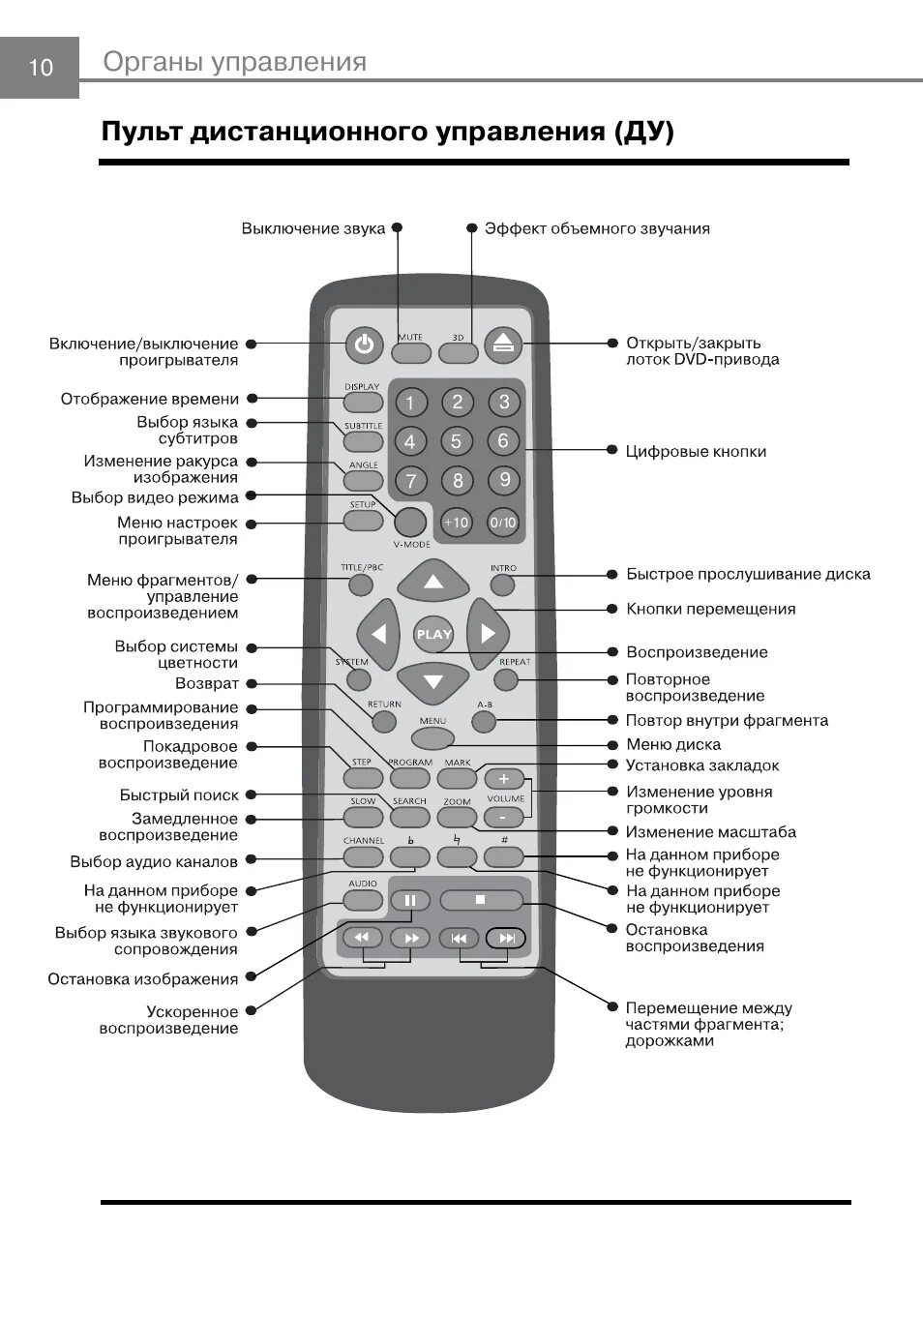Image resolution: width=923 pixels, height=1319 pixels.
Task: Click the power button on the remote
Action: tap(363, 344)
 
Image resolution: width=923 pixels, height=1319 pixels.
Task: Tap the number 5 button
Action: tap(457, 441)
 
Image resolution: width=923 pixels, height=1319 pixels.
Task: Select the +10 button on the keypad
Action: tap(456, 523)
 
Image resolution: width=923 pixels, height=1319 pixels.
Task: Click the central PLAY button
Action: tap(433, 635)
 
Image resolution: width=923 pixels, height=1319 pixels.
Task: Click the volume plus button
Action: tap(503, 779)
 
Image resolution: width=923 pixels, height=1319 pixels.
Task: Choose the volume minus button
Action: tap(503, 818)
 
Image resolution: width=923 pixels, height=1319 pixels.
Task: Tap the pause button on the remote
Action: tap(410, 901)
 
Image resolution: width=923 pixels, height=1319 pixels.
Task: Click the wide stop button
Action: tap(481, 900)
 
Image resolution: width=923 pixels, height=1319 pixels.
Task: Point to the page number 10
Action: tap(41, 68)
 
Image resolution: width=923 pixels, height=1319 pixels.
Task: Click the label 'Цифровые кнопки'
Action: tap(696, 451)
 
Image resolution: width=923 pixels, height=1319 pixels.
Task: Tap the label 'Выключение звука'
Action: tap(313, 229)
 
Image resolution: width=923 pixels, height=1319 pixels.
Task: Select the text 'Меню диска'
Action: tap(673, 745)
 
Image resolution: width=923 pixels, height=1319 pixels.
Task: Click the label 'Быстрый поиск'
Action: tap(179, 795)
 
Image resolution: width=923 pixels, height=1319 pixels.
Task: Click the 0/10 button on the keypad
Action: tap(503, 523)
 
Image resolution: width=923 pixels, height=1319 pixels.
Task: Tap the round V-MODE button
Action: tap(411, 522)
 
